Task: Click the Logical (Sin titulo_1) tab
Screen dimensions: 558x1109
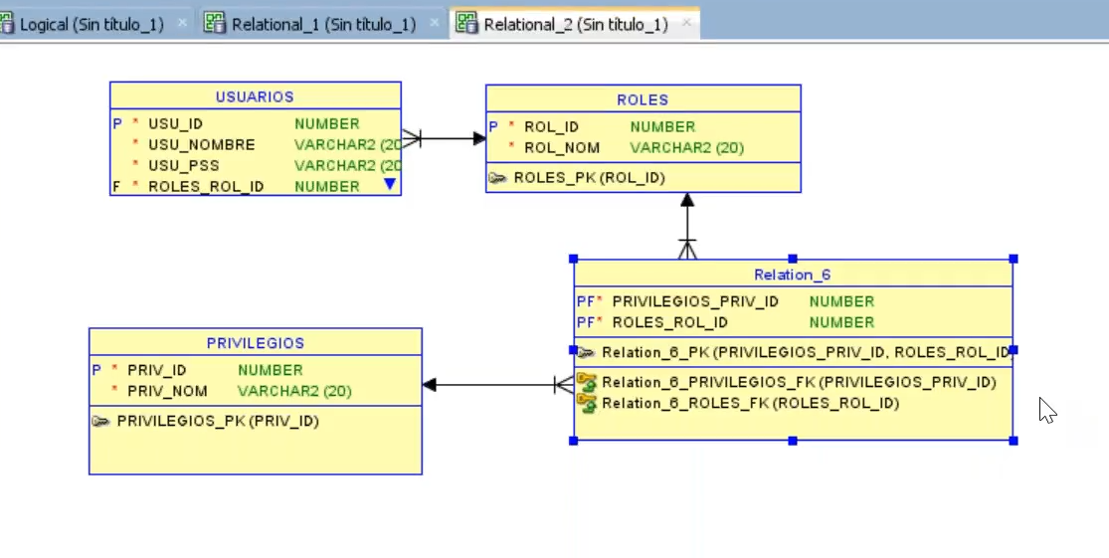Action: click(92, 25)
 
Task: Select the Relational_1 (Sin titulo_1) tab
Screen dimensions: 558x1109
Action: click(323, 25)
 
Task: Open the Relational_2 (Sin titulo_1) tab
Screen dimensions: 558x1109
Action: click(575, 25)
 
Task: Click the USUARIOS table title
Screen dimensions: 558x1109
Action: click(255, 96)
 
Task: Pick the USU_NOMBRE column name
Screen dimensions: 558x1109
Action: click(202, 145)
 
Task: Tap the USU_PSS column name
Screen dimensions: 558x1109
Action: click(184, 166)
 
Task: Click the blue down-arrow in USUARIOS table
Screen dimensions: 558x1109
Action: click(389, 184)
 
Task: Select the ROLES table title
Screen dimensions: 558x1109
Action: click(643, 99)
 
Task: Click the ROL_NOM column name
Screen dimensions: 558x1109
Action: click(562, 148)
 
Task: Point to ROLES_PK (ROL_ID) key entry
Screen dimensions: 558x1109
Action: click(589, 178)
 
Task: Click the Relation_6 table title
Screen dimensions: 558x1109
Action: click(792, 275)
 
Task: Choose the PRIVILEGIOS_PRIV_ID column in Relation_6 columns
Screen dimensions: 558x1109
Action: click(695, 301)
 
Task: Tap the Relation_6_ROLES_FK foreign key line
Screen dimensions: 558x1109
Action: click(750, 404)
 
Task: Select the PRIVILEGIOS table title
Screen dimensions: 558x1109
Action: click(255, 343)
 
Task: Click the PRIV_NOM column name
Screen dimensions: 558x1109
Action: click(167, 392)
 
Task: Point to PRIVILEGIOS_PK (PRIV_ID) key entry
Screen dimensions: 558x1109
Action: click(218, 421)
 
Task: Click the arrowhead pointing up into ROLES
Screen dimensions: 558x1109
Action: click(686, 200)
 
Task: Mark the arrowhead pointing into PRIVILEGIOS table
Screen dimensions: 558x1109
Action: click(430, 385)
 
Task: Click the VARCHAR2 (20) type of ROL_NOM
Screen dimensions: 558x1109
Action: click(686, 148)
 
